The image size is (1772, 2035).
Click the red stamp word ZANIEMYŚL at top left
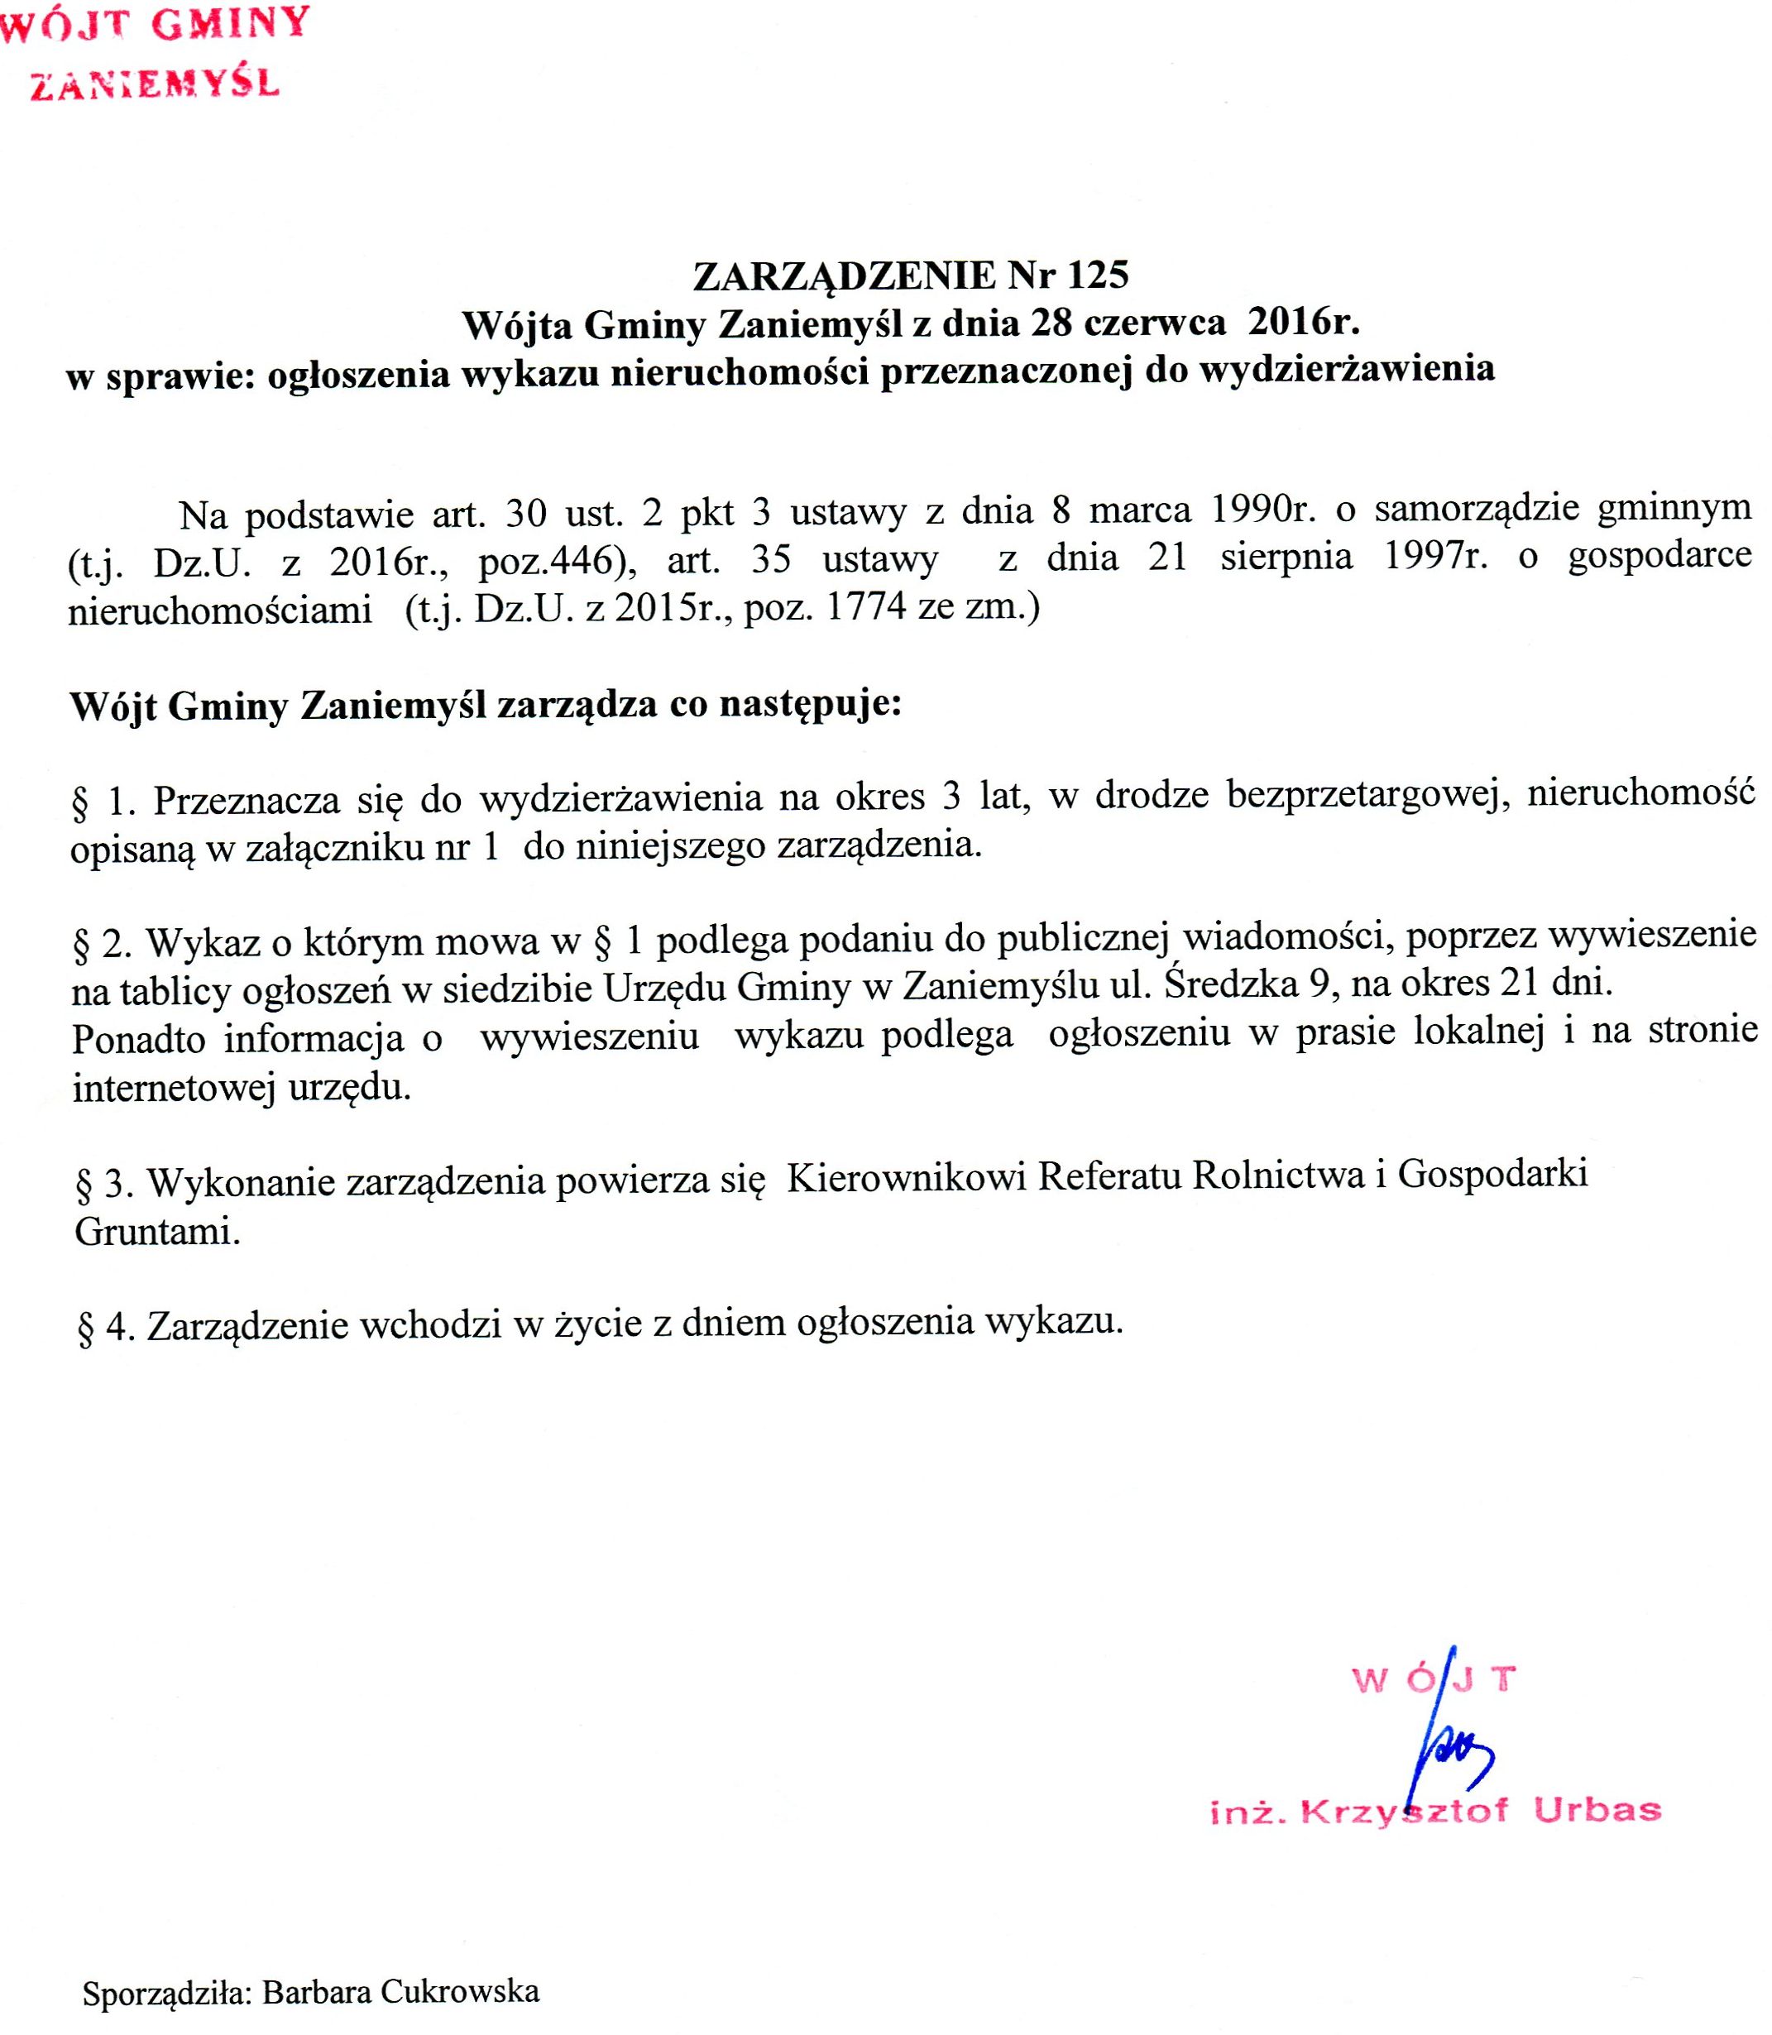click(x=156, y=85)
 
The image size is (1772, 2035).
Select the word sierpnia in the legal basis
click(x=1286, y=558)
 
